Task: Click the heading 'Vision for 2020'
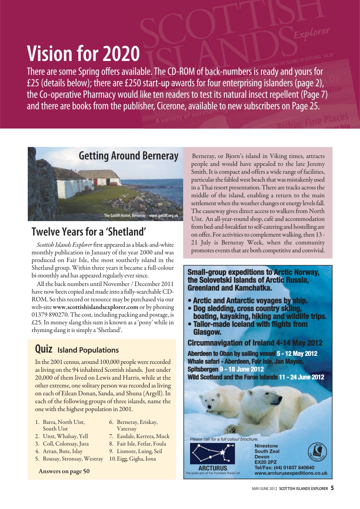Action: (83, 54)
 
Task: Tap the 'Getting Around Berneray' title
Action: (128, 155)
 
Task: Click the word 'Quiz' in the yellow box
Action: (44, 349)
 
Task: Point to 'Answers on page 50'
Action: (64, 471)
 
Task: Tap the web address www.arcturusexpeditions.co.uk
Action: (291, 473)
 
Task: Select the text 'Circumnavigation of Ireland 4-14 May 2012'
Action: (255, 343)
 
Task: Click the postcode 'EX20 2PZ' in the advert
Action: (265, 462)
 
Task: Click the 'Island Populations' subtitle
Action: (88, 350)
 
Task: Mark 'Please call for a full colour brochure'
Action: (224, 439)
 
